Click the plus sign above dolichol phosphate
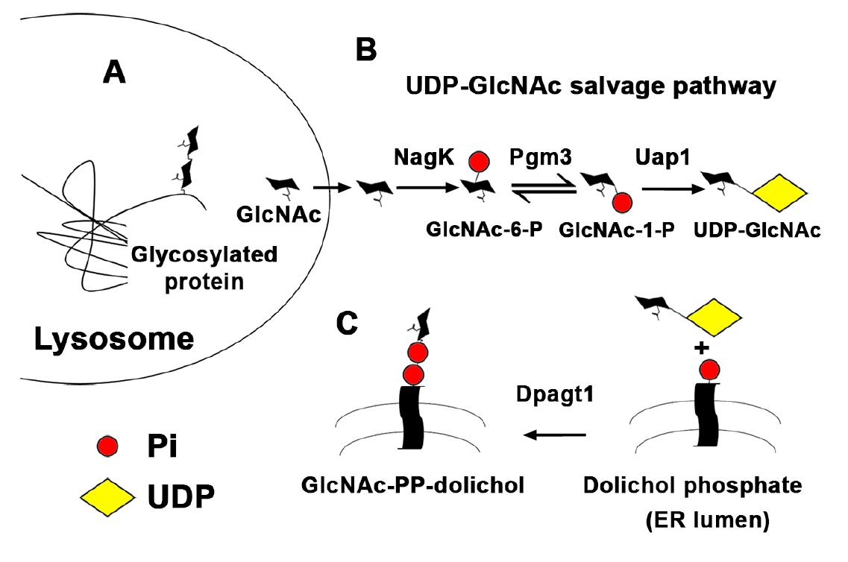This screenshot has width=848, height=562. tap(700, 349)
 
